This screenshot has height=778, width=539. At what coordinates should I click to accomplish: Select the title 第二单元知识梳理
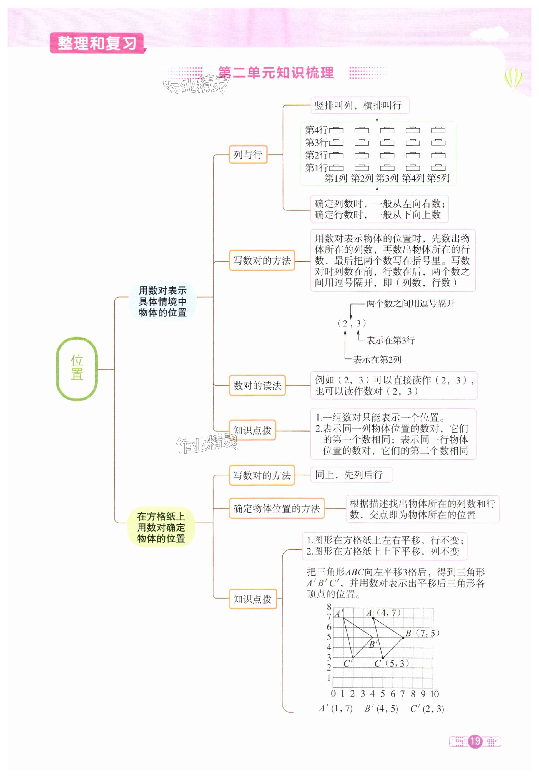pos(275,73)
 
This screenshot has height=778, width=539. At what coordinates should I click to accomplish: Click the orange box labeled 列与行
pos(248,155)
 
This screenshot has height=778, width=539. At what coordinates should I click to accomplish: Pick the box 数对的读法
pos(257,385)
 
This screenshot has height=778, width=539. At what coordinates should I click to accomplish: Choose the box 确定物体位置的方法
pos(277,508)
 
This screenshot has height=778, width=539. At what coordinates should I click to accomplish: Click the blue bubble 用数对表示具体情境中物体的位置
pos(162,301)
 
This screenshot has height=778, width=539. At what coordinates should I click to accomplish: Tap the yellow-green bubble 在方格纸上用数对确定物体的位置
pos(161,527)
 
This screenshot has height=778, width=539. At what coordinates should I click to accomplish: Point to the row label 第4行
pos(316,130)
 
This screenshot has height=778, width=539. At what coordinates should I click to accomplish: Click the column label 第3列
pos(387,178)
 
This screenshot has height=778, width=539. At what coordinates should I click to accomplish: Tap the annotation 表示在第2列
pos(377,360)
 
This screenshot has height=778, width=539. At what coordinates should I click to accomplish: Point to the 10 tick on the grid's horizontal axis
pos(434,694)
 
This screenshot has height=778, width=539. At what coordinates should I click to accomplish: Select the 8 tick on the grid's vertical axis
pos(329,607)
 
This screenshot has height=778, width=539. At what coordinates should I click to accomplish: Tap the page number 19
pos(475,741)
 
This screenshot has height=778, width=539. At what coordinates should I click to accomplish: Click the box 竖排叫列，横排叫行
pos(360,105)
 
